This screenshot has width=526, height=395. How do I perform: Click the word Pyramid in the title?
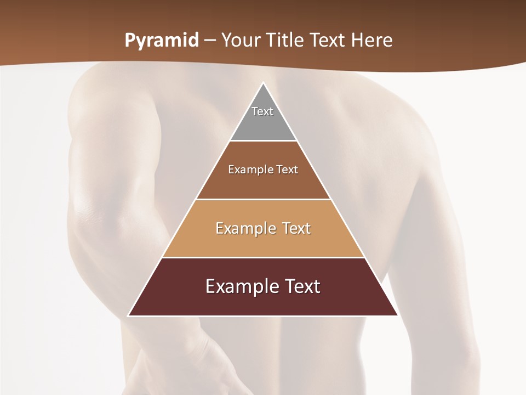[x=162, y=40]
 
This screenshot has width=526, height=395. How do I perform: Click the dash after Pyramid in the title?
[x=210, y=41]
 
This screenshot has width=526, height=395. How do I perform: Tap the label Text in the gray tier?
[x=262, y=111]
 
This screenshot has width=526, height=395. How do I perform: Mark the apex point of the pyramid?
[x=263, y=83]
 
